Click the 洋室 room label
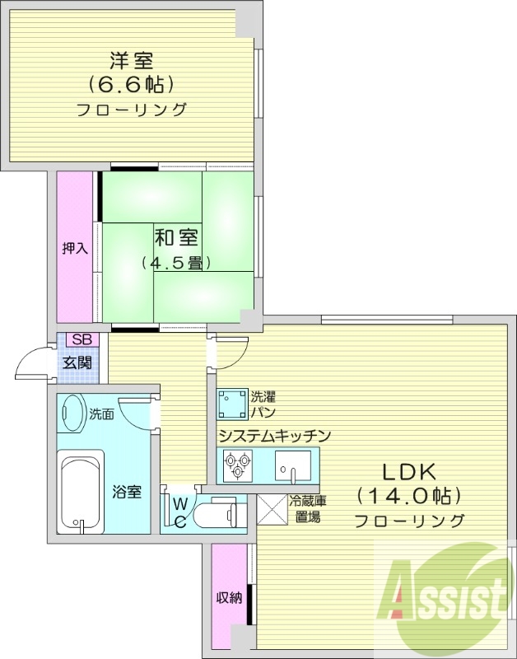(131, 59)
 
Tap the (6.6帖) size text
(131, 84)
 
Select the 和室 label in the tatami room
(175, 238)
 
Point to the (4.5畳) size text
(175, 263)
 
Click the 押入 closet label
(75, 248)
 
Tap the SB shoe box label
(81, 339)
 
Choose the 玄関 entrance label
(78, 362)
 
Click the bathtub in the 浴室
(80, 492)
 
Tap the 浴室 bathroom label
(127, 493)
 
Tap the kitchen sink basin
(293, 466)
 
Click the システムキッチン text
(274, 435)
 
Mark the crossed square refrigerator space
(271, 509)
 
